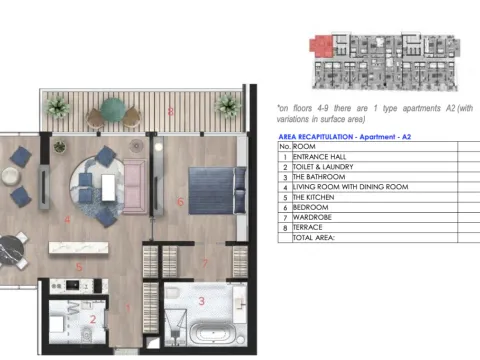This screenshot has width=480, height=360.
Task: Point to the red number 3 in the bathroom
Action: click(x=201, y=300)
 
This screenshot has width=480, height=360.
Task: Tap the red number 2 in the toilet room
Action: click(x=92, y=319)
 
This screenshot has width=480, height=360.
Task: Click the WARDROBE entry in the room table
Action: click(x=316, y=217)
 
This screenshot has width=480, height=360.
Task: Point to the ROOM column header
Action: click(x=303, y=146)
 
